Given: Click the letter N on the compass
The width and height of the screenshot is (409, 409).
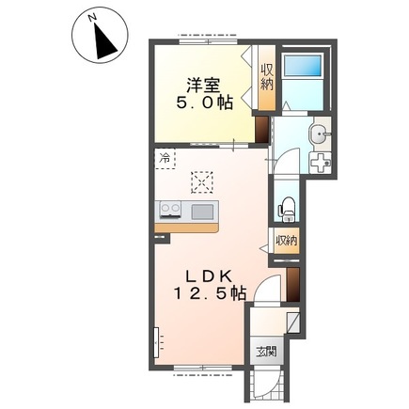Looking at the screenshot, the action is pyautogui.click(x=92, y=19).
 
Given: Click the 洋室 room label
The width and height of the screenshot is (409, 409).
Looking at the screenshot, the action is pyautogui.click(x=203, y=86).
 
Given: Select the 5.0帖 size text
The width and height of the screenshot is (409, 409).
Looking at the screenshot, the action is pyautogui.click(x=204, y=102).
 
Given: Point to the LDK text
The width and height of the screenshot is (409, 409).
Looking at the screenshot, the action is pyautogui.click(x=209, y=276).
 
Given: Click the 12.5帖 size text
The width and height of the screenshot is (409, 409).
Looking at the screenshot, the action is pyautogui.click(x=210, y=293).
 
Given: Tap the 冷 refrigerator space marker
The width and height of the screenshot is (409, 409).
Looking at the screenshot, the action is pyautogui.click(x=165, y=159).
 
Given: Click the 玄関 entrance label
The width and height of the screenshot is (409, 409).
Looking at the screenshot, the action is pyautogui.click(x=266, y=352).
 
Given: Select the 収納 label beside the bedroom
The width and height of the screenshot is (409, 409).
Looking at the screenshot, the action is pyautogui.click(x=267, y=78).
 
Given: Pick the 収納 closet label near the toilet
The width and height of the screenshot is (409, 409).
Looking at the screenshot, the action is pyautogui.click(x=286, y=241).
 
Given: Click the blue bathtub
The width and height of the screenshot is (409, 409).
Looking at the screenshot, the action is pyautogui.click(x=303, y=65).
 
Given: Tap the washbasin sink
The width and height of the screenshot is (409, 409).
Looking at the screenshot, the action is pyautogui.click(x=319, y=134).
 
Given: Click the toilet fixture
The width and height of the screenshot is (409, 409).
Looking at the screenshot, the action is pyautogui.click(x=287, y=210).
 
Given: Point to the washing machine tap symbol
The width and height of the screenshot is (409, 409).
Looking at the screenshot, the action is pyautogui.click(x=320, y=163).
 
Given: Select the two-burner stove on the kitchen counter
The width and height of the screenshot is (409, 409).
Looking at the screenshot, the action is pyautogui.click(x=170, y=209).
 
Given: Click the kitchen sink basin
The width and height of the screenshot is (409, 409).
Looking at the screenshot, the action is pyautogui.click(x=202, y=212).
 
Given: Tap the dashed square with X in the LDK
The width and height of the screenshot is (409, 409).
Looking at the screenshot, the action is pyautogui.click(x=202, y=181).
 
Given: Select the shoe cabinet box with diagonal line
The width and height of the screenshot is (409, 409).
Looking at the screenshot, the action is pyautogui.click(x=293, y=322).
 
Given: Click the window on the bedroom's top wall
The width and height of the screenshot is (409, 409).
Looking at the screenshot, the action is pyautogui.click(x=209, y=41).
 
